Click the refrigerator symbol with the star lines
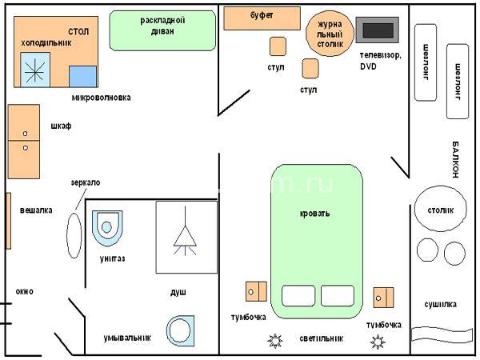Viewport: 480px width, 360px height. [x=35, y=70]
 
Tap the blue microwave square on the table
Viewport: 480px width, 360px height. [x=82, y=76]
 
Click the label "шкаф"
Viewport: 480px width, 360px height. [x=61, y=126]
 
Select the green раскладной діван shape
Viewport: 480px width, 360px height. [x=162, y=30]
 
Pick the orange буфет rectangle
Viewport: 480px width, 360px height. [x=262, y=18]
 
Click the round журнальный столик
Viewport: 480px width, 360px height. [x=330, y=34]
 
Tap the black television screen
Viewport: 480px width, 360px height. [x=378, y=30]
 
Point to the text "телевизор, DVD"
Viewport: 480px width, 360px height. [x=380, y=61]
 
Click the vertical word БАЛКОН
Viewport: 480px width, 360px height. [x=455, y=159]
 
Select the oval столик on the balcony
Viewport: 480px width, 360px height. [x=440, y=209]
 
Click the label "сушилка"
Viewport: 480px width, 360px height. [x=440, y=304]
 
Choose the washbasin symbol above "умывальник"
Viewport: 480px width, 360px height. [x=180, y=331]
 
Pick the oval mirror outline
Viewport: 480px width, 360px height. [x=74, y=235]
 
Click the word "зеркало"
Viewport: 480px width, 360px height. [x=86, y=182]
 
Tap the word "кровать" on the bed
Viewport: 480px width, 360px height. [x=314, y=213]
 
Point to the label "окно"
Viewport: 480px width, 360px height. [x=25, y=291]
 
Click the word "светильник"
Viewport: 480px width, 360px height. [x=321, y=338]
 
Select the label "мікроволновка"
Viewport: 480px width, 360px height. [x=102, y=98]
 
